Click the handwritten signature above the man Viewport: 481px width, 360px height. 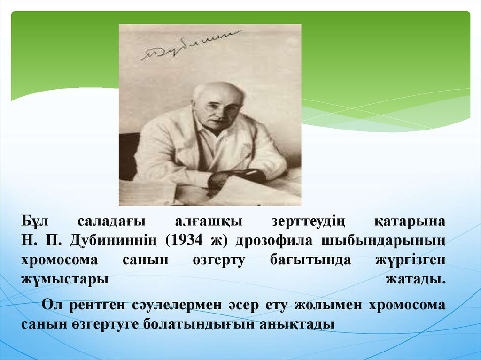point(191,46)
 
